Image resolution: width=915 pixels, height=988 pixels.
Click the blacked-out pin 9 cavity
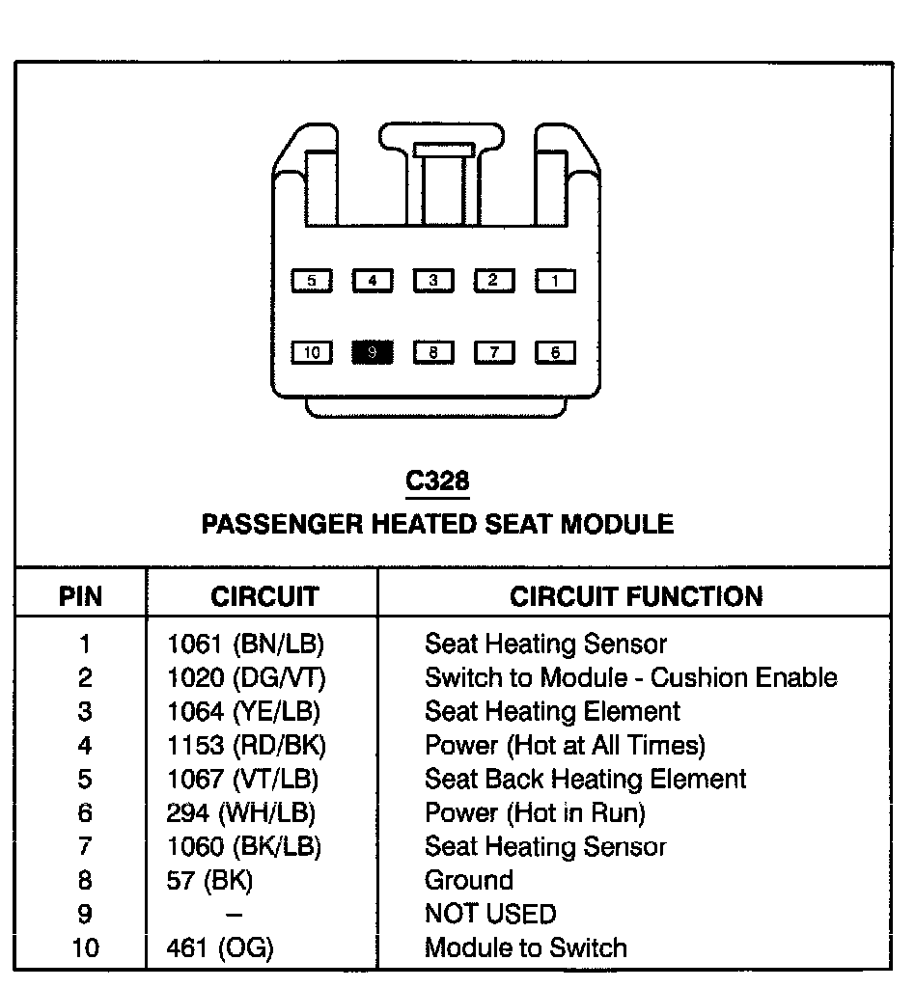point(372,352)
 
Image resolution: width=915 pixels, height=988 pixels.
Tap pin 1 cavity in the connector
point(555,281)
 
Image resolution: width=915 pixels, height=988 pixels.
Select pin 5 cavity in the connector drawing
point(312,281)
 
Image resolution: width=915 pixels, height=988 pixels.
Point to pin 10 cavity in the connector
point(312,352)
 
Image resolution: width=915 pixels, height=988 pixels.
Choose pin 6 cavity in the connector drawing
point(555,352)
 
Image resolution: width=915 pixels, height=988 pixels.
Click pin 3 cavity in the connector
point(433,281)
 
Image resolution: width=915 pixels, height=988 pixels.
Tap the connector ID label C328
point(437,480)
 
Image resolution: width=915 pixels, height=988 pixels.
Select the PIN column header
point(80,596)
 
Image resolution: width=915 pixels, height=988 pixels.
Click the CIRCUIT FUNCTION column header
point(636,596)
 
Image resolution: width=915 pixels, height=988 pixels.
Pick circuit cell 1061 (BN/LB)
point(245,645)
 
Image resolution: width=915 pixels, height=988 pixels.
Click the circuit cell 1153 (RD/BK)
point(246,746)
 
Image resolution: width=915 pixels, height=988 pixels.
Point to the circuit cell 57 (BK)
point(209,881)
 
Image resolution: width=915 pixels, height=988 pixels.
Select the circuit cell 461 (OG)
point(220,948)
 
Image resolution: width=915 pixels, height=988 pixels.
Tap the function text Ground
point(468,881)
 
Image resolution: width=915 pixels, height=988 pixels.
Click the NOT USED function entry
point(490,915)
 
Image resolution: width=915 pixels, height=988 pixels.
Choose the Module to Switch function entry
point(525,948)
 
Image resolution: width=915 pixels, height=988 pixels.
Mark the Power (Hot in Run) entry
point(535,813)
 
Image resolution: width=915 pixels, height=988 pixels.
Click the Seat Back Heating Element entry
point(585,780)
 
